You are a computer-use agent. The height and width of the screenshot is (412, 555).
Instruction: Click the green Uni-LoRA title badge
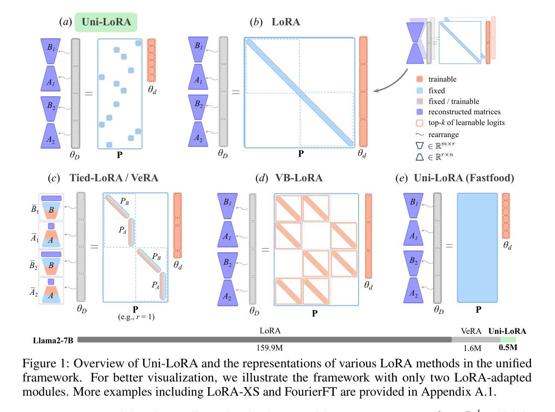[x=106, y=22]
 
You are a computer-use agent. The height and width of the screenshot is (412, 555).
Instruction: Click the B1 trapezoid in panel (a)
[x=51, y=48]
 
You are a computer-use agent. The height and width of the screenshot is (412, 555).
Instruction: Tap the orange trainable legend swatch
[x=419, y=79]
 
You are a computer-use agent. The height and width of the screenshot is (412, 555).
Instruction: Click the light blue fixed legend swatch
[x=419, y=91]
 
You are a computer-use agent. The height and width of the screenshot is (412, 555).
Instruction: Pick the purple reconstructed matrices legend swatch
[x=419, y=112]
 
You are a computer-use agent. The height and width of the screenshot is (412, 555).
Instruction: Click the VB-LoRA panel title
[x=299, y=178]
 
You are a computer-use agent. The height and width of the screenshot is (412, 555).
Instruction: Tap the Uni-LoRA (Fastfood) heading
[x=464, y=178]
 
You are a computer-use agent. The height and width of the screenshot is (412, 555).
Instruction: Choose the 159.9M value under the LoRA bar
[x=270, y=348]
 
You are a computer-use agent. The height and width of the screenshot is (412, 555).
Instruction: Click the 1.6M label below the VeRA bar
[x=472, y=348]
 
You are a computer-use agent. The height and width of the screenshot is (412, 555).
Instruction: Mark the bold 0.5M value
[x=508, y=348]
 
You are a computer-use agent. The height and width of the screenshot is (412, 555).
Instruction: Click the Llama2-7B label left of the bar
[x=53, y=341]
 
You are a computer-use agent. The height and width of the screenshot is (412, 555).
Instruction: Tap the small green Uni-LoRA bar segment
[x=508, y=339]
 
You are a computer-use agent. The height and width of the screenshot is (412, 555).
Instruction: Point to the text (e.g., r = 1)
[x=136, y=317]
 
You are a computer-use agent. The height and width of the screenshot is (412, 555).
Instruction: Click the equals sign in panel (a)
[x=88, y=93]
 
